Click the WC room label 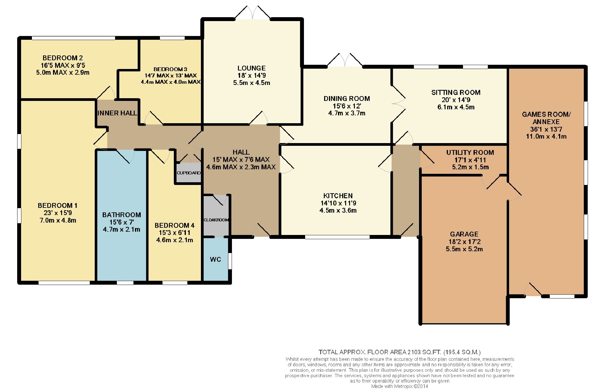click(x=215, y=259)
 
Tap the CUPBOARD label click(x=189, y=173)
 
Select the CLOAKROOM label click(x=216, y=220)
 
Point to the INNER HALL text click(x=117, y=113)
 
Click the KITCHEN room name click(x=338, y=196)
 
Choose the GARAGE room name click(x=464, y=234)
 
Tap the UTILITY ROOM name click(x=470, y=152)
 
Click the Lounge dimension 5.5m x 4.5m click(x=252, y=83)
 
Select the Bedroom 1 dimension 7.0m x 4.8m click(x=58, y=220)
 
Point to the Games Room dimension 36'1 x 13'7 click(x=546, y=129)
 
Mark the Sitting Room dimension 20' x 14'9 click(x=456, y=100)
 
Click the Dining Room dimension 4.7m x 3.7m click(x=347, y=113)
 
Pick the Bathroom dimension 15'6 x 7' click(x=122, y=222)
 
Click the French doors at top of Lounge click(x=253, y=12)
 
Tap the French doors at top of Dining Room click(x=345, y=60)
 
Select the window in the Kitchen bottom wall click(x=337, y=237)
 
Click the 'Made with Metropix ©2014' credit click(x=399, y=386)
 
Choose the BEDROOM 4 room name click(x=175, y=225)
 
